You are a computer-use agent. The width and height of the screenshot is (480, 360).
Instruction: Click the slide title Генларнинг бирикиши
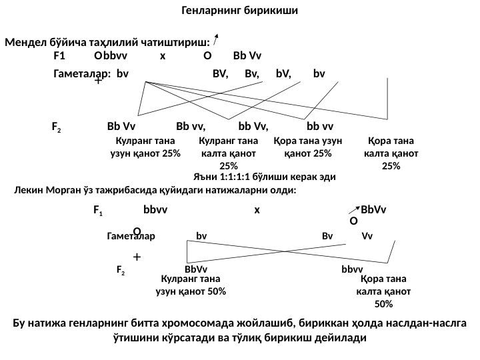point(239,11)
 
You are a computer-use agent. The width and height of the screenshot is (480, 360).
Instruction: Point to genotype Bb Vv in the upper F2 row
point(121,126)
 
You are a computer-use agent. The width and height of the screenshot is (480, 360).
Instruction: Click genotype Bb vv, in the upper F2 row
point(191,126)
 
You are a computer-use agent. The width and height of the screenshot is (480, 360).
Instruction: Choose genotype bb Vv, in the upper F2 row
point(253,126)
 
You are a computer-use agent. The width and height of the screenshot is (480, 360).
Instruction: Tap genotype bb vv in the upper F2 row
point(320,126)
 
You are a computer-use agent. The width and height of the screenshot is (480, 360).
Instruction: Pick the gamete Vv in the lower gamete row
point(367,235)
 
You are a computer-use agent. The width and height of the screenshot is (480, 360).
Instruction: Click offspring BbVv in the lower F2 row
point(196,269)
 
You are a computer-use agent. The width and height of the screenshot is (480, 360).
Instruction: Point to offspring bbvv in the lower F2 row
point(351,269)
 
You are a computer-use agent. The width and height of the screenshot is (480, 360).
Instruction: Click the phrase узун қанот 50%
point(191,291)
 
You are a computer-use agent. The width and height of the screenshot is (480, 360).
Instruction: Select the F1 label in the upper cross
point(59,56)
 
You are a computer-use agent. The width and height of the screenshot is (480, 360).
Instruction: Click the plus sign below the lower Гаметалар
point(136,256)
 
